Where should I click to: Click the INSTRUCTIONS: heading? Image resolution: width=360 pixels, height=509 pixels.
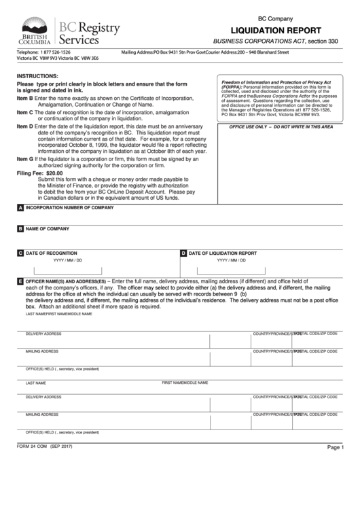coord(37,77)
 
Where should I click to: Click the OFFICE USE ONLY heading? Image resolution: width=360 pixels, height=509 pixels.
coord(281,127)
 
